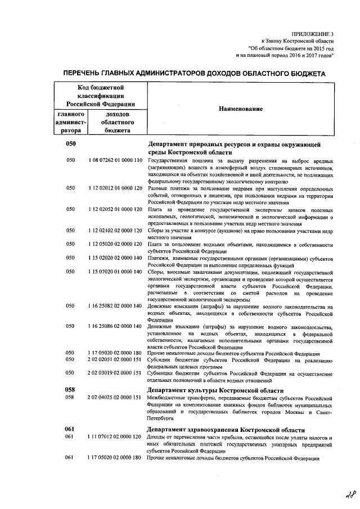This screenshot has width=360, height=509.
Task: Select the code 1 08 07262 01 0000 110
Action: click(115, 161)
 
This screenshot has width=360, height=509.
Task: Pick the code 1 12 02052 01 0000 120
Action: click(115, 209)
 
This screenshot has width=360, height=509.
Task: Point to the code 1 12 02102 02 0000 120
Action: click(115, 231)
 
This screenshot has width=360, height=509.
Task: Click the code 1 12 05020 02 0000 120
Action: click(115, 245)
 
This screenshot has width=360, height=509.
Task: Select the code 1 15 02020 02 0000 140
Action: click(115, 258)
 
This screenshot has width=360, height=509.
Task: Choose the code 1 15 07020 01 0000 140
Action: click(115, 272)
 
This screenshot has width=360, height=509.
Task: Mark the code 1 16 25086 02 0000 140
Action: click(115, 326)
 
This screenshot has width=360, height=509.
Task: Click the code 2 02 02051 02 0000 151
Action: click(115, 359)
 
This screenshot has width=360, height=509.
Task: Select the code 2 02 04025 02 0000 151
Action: click(115, 398)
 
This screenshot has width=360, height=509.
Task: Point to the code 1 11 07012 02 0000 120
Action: click(115, 437)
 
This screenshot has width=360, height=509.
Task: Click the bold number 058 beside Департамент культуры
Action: click(70, 390)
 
